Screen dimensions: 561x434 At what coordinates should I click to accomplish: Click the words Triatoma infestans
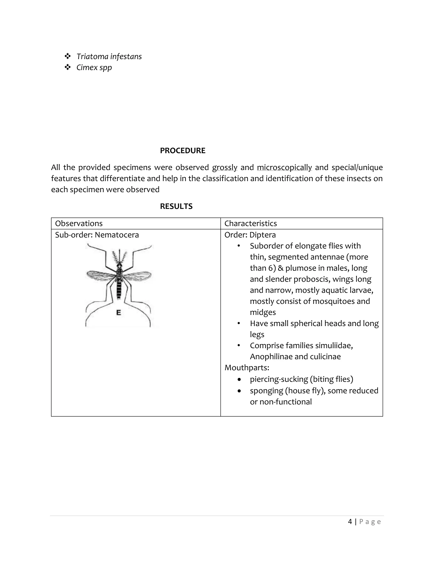click(x=109, y=57)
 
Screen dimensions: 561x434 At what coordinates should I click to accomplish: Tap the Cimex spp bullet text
click(x=94, y=68)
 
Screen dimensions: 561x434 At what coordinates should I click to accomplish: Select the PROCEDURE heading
click(x=182, y=151)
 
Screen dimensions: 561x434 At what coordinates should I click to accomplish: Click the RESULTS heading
click(x=176, y=206)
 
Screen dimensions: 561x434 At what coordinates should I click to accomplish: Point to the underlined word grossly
click(x=224, y=167)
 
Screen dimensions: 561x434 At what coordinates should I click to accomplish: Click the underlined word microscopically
click(x=284, y=167)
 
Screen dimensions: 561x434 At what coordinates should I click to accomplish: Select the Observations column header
click(x=79, y=224)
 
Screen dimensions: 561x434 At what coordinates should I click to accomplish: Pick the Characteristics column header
click(x=250, y=224)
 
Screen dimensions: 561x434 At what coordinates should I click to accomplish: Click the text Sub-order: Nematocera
click(x=97, y=235)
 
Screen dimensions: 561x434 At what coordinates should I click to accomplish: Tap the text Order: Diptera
click(x=250, y=235)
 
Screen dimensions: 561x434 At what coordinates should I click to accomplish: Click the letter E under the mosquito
click(x=118, y=313)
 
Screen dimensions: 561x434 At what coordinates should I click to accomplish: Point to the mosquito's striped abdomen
click(x=119, y=289)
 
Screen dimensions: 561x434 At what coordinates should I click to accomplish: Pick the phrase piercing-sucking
click(x=278, y=379)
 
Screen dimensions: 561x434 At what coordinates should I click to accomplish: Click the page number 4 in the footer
click(x=350, y=522)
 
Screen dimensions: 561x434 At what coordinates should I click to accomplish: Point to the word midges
click(x=263, y=312)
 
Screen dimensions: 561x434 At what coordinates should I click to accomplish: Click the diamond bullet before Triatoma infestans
click(x=68, y=56)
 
